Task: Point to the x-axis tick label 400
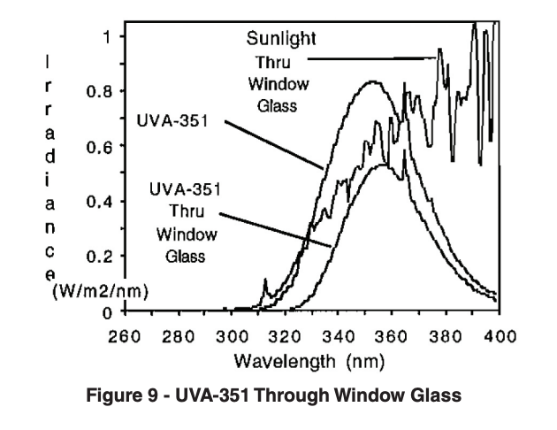[500, 337]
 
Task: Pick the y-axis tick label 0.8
[97, 91]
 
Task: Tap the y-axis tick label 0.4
[97, 202]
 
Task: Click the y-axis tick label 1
[108, 36]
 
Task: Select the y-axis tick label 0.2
[97, 257]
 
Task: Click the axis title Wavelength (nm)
[313, 362]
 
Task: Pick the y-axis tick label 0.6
[97, 147]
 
